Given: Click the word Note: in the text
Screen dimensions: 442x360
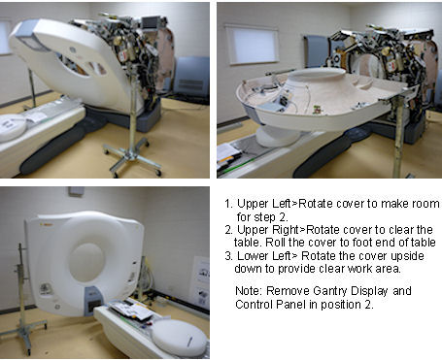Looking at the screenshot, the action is pos(249,291).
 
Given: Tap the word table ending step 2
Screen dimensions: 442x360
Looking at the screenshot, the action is pos(424,243).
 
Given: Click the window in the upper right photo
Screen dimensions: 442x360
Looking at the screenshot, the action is pos(252,45).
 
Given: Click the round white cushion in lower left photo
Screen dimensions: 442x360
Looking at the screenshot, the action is pos(179,338).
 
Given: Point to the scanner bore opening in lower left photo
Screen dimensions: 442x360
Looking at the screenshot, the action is pos(86,262).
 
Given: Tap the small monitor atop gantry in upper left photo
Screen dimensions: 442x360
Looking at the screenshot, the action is pos(150,22).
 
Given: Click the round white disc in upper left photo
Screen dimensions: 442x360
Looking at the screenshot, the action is pos(13,127).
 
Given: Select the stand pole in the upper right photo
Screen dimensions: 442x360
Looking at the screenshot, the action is pos(398,136).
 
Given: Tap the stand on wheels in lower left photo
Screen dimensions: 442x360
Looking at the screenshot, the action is pos(23,301).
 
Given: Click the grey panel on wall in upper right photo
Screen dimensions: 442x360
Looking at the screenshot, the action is pos(316,51).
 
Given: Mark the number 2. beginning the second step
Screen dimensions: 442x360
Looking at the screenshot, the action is pos(229,230).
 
